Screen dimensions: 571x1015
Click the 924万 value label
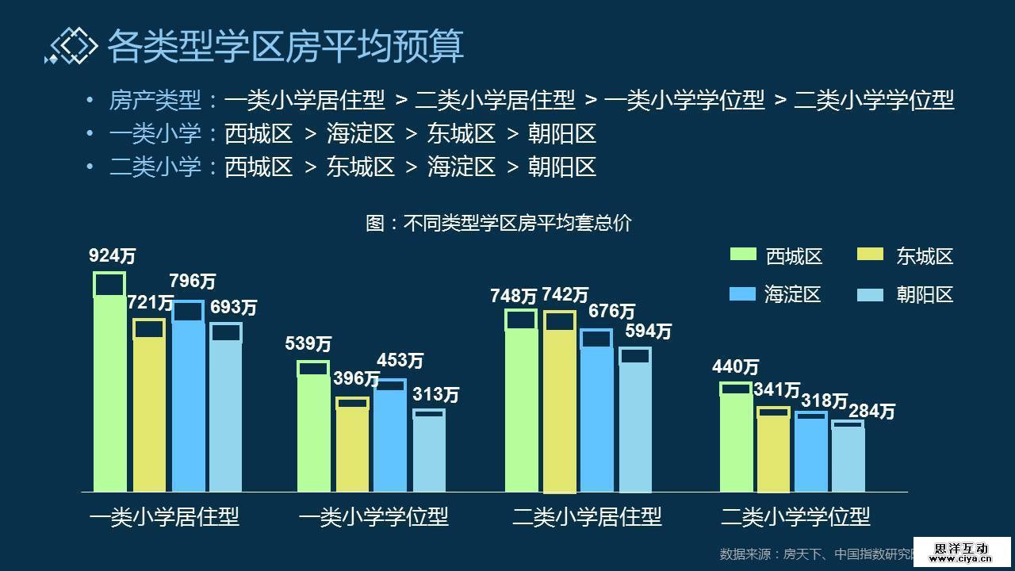(112, 256)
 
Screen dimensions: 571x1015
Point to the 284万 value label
(871, 412)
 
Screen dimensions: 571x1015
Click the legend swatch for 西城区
(743, 255)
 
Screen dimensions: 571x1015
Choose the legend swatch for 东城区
(871, 255)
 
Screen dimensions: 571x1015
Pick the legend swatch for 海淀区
(743, 293)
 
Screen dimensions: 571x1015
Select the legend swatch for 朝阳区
(871, 293)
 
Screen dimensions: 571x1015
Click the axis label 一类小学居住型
(165, 517)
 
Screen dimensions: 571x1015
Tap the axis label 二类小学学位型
(795, 517)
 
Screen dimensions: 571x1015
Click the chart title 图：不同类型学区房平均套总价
(498, 223)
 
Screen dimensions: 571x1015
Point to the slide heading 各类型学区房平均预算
(285, 45)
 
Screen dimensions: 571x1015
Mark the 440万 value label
(735, 367)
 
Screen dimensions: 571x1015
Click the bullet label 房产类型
(155, 100)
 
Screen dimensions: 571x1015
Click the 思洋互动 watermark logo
(961, 552)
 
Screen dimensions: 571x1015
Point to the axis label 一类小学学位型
(373, 517)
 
